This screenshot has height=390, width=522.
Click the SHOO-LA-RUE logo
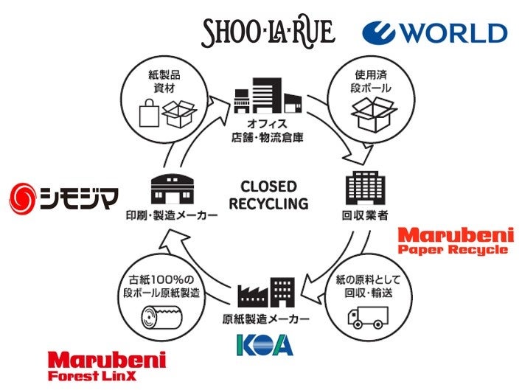268,31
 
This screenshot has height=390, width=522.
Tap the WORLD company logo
434,32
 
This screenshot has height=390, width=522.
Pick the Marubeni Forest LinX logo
106,366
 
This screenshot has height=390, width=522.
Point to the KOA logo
265,344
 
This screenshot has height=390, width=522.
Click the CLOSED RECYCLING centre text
268,195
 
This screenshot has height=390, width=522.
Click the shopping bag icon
148,115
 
